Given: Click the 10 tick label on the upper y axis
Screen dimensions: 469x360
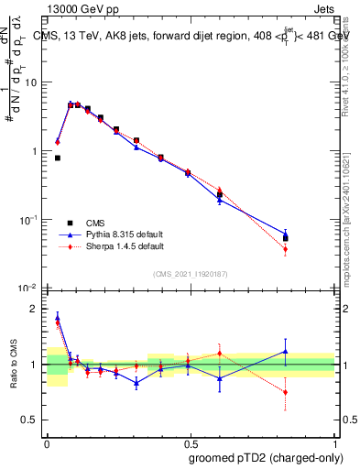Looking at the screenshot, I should [x=30, y=82].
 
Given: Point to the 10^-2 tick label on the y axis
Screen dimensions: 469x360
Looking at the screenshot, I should [x=28, y=289].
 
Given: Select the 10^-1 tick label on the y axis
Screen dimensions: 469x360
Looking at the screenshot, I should [x=28, y=220].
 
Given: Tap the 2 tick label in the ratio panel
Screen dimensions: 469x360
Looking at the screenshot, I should [x=36, y=309].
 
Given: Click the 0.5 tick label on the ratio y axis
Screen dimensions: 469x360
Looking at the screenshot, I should [x=32, y=420].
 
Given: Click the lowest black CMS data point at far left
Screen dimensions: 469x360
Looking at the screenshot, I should [x=58, y=158].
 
